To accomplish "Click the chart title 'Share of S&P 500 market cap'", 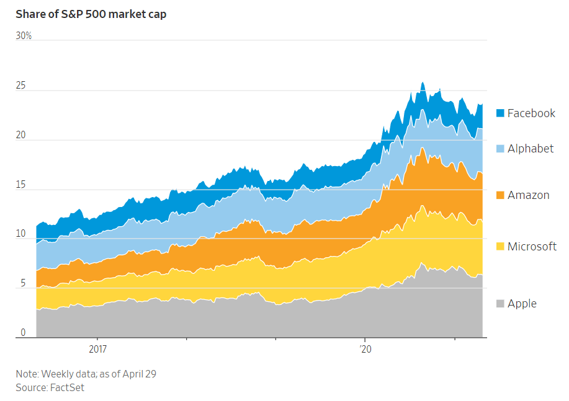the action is [x=91, y=14].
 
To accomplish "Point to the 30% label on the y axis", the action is [x=24, y=35].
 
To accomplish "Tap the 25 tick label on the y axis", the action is [x=20, y=85].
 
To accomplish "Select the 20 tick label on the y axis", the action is [x=20, y=135].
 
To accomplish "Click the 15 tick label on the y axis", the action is [x=20, y=185].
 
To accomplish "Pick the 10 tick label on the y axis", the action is [x=20, y=234].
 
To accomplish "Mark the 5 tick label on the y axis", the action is [x=23, y=283].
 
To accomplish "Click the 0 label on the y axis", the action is [x=23, y=332].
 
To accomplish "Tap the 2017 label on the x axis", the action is [x=98, y=349].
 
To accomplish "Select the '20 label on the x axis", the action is [x=365, y=349].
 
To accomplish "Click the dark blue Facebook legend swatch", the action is [x=500, y=113].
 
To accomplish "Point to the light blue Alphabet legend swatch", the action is [x=500, y=149].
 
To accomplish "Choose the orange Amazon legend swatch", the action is [x=500, y=195].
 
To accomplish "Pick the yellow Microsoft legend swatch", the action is [x=500, y=247].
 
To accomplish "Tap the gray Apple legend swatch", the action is [x=500, y=304].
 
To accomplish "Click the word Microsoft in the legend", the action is [x=532, y=247].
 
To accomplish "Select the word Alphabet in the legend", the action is [x=531, y=149].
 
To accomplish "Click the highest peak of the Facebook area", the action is [x=423, y=82].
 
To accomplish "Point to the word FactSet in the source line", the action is [x=67, y=387].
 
